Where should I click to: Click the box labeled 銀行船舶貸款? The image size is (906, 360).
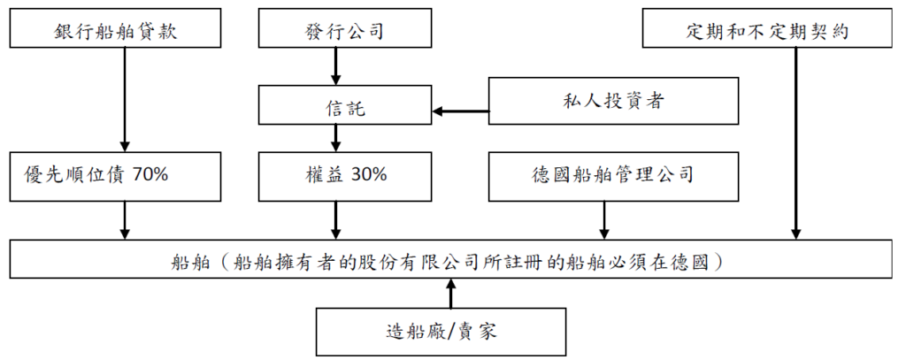[115, 27]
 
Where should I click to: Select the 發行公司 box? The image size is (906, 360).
[346, 27]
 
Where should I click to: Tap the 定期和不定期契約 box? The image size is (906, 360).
[768, 27]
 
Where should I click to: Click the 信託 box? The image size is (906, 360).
[346, 104]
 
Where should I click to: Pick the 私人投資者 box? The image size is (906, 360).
[614, 101]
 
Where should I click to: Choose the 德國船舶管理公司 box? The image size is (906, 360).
[614, 176]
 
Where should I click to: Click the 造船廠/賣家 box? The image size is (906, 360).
[441, 332]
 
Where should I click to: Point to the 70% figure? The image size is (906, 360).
[150, 175]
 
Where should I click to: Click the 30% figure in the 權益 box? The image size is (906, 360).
[369, 175]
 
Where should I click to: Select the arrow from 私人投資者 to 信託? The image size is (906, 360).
[460, 111]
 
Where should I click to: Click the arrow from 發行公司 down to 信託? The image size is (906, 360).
[335, 66]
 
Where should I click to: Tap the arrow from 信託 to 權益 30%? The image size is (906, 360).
[335, 138]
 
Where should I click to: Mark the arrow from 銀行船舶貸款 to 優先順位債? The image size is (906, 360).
[124, 99]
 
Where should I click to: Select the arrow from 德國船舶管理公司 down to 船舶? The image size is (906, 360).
[603, 220]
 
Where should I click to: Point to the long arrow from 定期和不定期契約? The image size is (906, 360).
[796, 143]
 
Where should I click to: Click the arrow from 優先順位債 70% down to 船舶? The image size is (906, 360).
[124, 220]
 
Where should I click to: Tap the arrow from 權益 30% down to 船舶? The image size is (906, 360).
[335, 220]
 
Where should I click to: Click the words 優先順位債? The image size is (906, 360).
[73, 175]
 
